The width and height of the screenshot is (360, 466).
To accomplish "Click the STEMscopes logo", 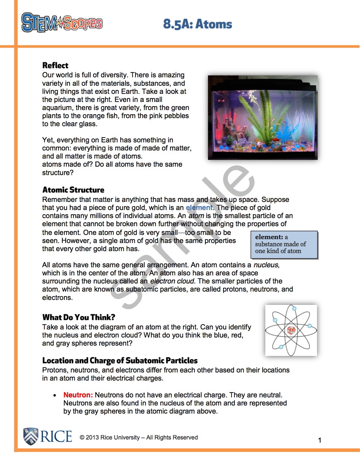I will [x=62, y=23].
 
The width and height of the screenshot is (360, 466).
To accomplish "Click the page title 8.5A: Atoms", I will [x=197, y=24].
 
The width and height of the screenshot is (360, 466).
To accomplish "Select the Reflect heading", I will [x=55, y=65].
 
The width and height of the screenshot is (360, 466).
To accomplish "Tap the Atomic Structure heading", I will [x=73, y=190].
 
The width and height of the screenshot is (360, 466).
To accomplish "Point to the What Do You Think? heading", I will [x=79, y=317].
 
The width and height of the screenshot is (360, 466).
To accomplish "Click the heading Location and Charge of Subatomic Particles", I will [x=120, y=361].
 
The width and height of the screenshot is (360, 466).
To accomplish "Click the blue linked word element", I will [x=199, y=208].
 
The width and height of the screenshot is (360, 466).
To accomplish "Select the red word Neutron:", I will [x=78, y=395].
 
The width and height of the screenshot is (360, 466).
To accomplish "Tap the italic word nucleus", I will [x=266, y=265].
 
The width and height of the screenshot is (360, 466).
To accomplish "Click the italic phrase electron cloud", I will [x=172, y=281].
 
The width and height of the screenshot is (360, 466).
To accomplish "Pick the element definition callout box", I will [x=284, y=245].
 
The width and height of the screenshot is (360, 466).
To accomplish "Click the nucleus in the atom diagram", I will [x=291, y=330].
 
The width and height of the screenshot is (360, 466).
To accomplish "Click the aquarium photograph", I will [x=262, y=117].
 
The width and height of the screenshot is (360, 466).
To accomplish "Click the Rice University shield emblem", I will [x=31, y=436].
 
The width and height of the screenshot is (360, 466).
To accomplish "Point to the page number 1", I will [x=320, y=440].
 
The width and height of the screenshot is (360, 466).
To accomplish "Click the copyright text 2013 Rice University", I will [x=139, y=438].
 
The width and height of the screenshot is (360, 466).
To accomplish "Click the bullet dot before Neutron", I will [x=55, y=395].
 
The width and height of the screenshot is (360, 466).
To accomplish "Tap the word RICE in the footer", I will [x=56, y=436].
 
